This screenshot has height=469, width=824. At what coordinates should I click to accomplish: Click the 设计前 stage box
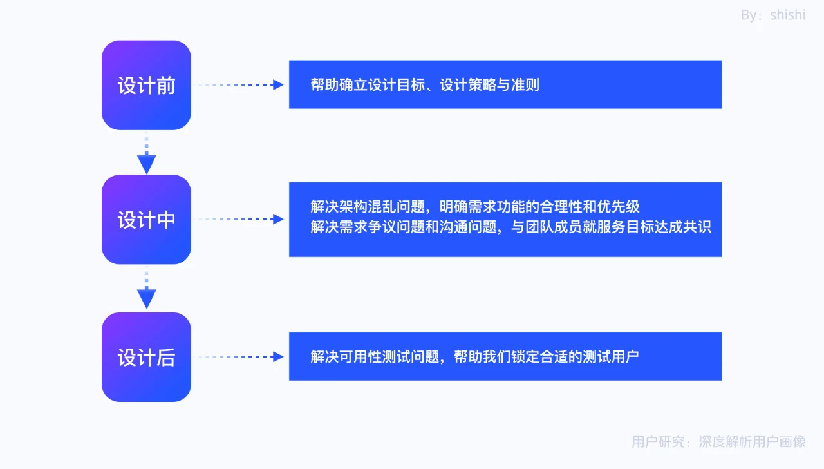(x=146, y=85)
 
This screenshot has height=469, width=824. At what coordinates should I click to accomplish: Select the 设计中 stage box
(x=146, y=220)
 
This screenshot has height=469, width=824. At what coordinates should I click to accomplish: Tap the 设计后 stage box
(x=146, y=357)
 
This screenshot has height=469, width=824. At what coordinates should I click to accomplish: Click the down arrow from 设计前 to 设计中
(x=147, y=155)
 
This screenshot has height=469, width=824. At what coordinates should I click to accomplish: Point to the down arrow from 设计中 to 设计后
(x=147, y=290)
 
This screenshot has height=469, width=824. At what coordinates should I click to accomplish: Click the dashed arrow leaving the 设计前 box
(x=241, y=84)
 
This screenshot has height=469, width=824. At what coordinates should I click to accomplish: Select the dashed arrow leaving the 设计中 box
(x=241, y=219)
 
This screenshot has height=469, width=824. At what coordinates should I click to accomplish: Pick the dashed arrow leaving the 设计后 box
(x=241, y=356)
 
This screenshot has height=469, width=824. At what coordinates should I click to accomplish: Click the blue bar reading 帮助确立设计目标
(x=505, y=84)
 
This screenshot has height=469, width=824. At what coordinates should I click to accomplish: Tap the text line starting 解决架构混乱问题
(x=475, y=207)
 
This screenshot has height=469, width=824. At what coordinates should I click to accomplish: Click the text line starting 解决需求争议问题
(x=510, y=227)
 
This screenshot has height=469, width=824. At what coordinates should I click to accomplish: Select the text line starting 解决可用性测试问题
(x=474, y=356)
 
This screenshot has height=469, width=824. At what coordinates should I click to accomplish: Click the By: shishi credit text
(x=772, y=15)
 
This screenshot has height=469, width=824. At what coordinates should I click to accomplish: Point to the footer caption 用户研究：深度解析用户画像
(x=718, y=442)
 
